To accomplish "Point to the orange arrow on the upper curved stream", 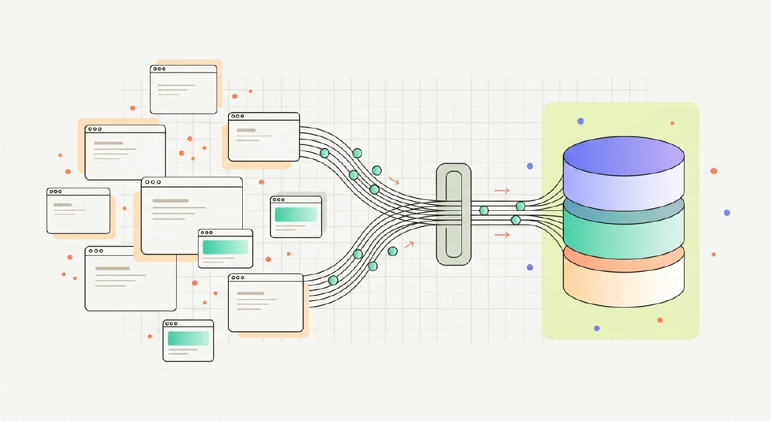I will [x=394, y=181].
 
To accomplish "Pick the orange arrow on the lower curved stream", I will [x=408, y=245].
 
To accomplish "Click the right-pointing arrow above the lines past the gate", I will [x=502, y=190].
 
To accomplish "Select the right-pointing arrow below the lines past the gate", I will [x=502, y=235].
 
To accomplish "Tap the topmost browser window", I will [x=183, y=89].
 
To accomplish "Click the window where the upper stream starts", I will [x=263, y=137].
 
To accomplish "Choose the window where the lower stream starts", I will [x=265, y=302].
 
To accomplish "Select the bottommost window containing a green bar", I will [x=188, y=341].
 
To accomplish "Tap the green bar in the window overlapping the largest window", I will [x=225, y=247].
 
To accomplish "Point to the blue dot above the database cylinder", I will [x=580, y=121].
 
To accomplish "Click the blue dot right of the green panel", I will [x=727, y=213].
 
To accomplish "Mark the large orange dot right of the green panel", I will [x=713, y=171].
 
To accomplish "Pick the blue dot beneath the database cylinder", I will [x=597, y=328].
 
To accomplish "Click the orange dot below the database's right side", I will [x=660, y=320].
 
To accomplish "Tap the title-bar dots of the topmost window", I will [x=159, y=69].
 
